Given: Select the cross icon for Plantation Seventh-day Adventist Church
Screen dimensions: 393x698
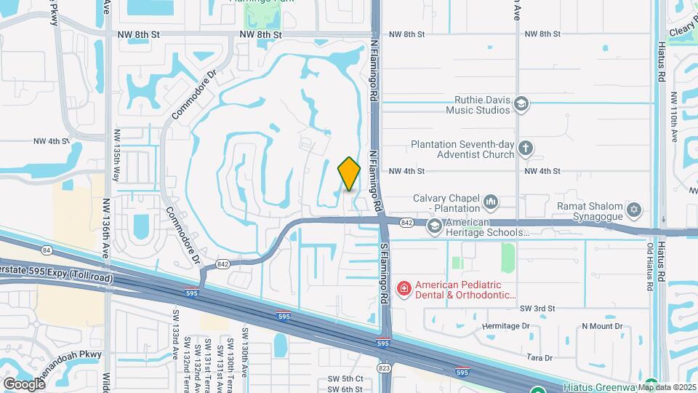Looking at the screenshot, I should coord(526,149).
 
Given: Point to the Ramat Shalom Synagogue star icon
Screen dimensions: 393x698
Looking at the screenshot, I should coord(634,211).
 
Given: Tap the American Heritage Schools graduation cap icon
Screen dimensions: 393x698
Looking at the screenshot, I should coord(434,227).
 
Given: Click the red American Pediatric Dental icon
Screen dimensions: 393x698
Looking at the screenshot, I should coord(403,290).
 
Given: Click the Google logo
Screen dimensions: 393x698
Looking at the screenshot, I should coord(24,384).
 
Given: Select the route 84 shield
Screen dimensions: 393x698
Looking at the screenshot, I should coord(47,250).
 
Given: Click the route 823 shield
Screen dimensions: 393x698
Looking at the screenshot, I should coord(385,368).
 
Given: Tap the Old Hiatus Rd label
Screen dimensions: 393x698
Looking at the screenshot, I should coord(651,262).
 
